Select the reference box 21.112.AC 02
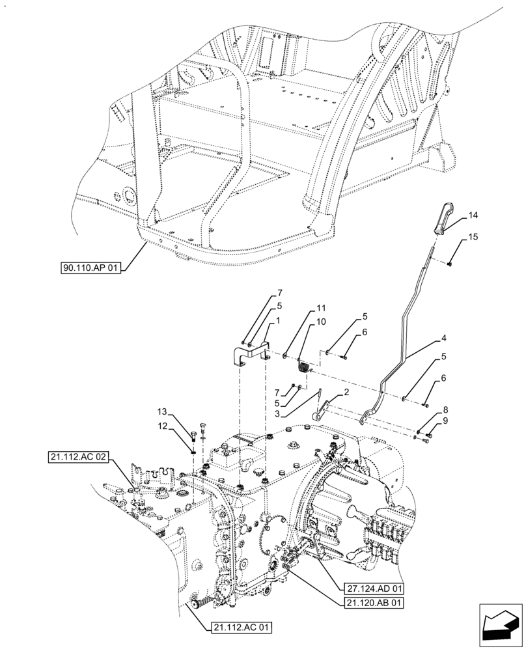pyautogui.click(x=77, y=457)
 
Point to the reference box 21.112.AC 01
pyautogui.click(x=240, y=628)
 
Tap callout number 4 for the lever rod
pyautogui.click(x=443, y=339)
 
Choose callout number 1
pyautogui.click(x=277, y=321)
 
